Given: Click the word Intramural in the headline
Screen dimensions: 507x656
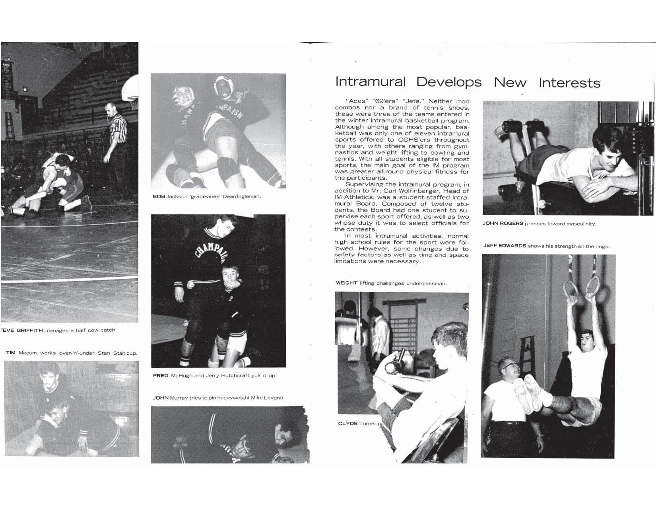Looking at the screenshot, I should [x=370, y=82].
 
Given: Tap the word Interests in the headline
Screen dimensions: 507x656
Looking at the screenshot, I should [x=569, y=83].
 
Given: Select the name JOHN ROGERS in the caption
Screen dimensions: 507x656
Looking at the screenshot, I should [x=503, y=223].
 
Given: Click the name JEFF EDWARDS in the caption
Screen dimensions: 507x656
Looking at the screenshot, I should [x=505, y=246].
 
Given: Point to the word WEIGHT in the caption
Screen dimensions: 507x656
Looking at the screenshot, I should [x=346, y=283].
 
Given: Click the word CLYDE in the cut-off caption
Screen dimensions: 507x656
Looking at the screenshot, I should [x=347, y=423].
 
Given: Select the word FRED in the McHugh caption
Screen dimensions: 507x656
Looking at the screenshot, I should [x=161, y=375].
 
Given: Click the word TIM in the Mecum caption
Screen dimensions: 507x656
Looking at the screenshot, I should [x=10, y=353].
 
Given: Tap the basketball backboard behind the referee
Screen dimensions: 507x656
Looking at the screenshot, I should [x=131, y=89].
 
